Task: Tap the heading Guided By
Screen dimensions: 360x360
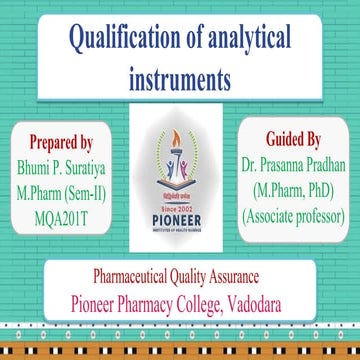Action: [296, 139]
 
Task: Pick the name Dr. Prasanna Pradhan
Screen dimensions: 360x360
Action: [296, 162]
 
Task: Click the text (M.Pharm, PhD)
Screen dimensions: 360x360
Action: [296, 187]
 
